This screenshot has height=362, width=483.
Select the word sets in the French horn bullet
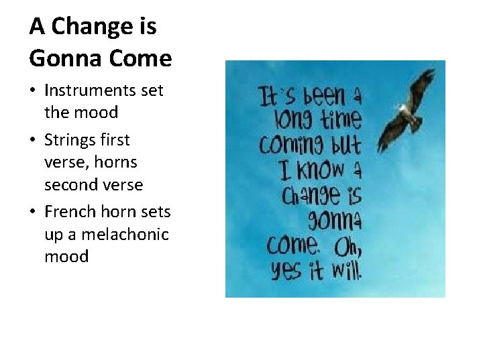tap(156, 212)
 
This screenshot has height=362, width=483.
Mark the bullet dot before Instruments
tap(34, 90)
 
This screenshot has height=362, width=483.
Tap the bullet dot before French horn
tap(34, 213)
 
